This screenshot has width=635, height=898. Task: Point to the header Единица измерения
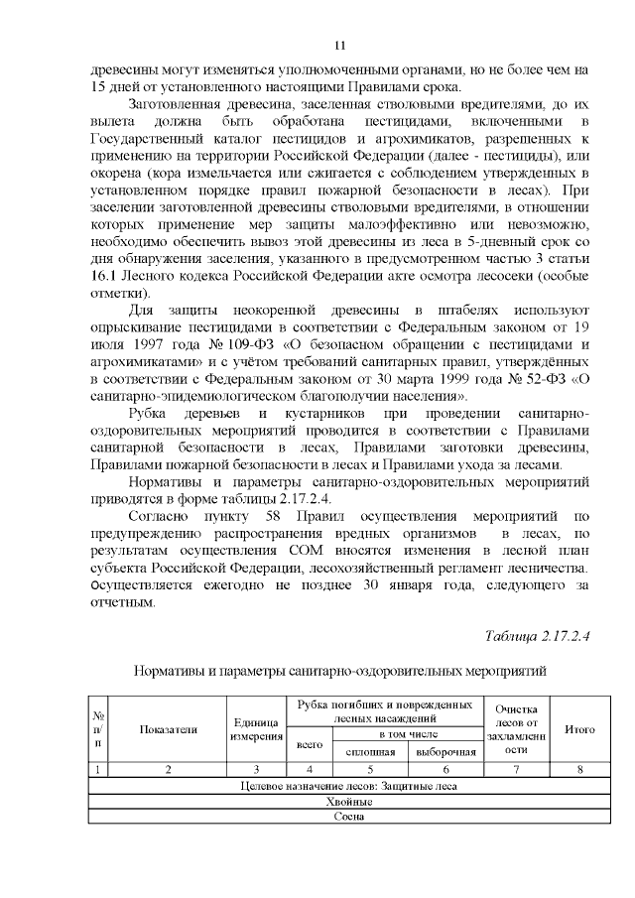coord(257,729)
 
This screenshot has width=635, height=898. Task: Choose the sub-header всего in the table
coord(310,742)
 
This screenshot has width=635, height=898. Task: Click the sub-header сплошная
coord(370,752)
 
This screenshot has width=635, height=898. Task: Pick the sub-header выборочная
coord(445,752)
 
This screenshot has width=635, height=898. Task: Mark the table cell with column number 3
coord(257,769)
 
